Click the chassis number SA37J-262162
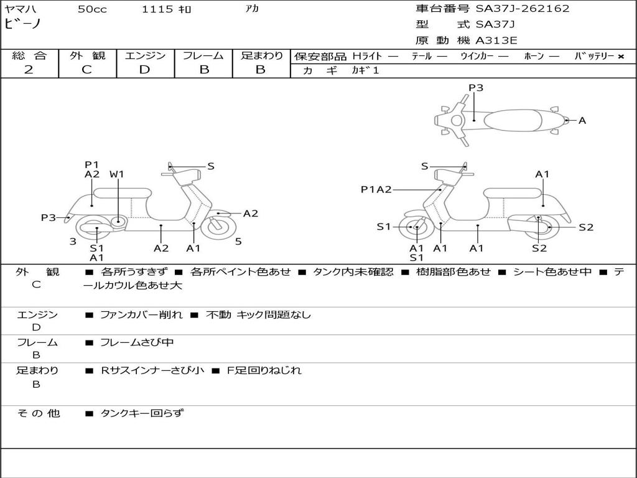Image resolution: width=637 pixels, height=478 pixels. click(x=523, y=9)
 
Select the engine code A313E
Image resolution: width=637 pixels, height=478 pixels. click(x=496, y=41)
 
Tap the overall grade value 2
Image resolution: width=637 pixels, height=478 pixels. click(x=29, y=70)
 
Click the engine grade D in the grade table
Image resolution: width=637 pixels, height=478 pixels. click(x=144, y=70)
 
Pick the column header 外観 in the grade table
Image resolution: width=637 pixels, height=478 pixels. click(x=87, y=55)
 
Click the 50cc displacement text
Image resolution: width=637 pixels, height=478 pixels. click(x=92, y=9)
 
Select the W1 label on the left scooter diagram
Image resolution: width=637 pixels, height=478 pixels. click(x=117, y=174)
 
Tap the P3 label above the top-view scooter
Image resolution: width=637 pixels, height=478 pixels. click(x=476, y=88)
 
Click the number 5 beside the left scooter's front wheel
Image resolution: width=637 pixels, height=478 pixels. click(x=238, y=241)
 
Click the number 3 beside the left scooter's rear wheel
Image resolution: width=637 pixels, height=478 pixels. click(x=73, y=241)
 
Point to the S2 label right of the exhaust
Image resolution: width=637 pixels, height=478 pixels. click(x=586, y=227)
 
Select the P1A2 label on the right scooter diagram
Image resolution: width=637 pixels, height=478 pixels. click(x=376, y=190)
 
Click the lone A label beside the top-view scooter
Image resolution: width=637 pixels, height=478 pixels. click(x=582, y=121)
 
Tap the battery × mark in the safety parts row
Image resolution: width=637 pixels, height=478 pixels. click(x=620, y=56)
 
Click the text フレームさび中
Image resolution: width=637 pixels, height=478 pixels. click(x=137, y=342)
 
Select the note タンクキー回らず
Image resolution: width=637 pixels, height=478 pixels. click(x=142, y=413)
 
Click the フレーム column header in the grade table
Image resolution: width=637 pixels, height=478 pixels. click(x=203, y=55)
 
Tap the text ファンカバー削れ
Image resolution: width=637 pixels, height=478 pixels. click(x=141, y=315)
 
